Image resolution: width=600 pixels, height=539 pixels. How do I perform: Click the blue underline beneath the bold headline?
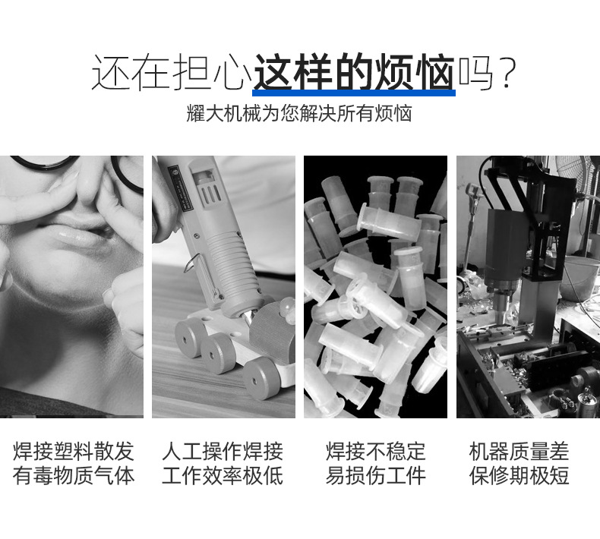tap(354, 93)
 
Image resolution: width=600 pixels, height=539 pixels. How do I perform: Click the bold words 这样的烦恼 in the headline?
tap(354, 72)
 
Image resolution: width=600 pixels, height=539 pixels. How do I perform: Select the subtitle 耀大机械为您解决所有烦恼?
tap(299, 114)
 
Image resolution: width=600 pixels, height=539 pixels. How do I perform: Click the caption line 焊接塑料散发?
tap(73, 452)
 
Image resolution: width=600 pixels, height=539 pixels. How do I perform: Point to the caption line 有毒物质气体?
tap(73, 475)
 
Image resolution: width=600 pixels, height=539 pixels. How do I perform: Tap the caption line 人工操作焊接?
tap(223, 452)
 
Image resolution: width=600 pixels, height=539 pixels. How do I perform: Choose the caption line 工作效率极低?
tap(223, 475)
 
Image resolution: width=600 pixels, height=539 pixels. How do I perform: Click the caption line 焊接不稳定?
tap(375, 452)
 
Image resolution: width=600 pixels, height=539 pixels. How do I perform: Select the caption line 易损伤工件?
tap(375, 475)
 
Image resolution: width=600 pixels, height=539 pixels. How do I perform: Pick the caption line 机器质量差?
tap(519, 452)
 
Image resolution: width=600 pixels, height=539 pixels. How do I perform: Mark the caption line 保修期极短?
tap(519, 475)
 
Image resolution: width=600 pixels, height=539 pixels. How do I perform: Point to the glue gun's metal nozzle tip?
tap(248, 319)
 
